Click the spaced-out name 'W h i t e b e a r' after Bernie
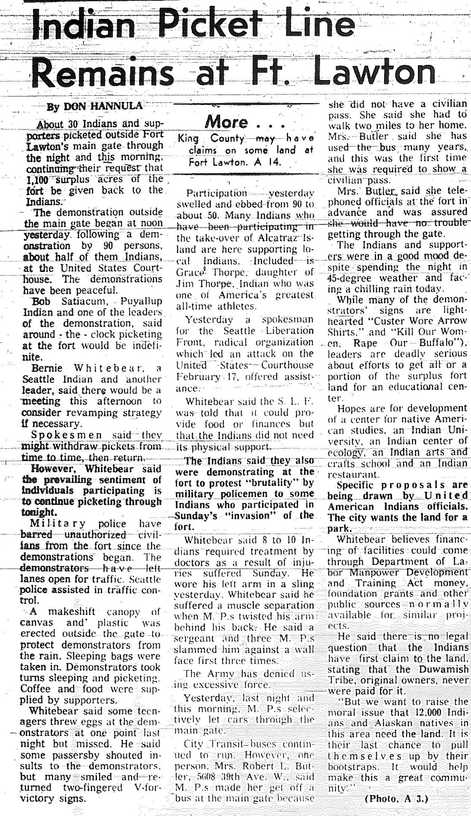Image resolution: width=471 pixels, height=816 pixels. click(104, 368)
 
